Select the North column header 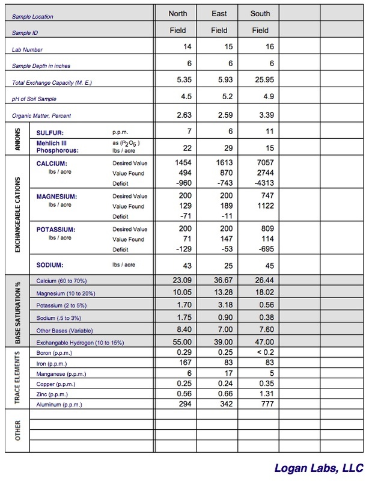tap(177, 13)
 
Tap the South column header tap(260, 13)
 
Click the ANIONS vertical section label tap(19, 138)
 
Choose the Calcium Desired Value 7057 tap(260, 163)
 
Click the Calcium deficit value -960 tap(181, 182)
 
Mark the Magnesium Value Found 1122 tap(260, 206)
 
